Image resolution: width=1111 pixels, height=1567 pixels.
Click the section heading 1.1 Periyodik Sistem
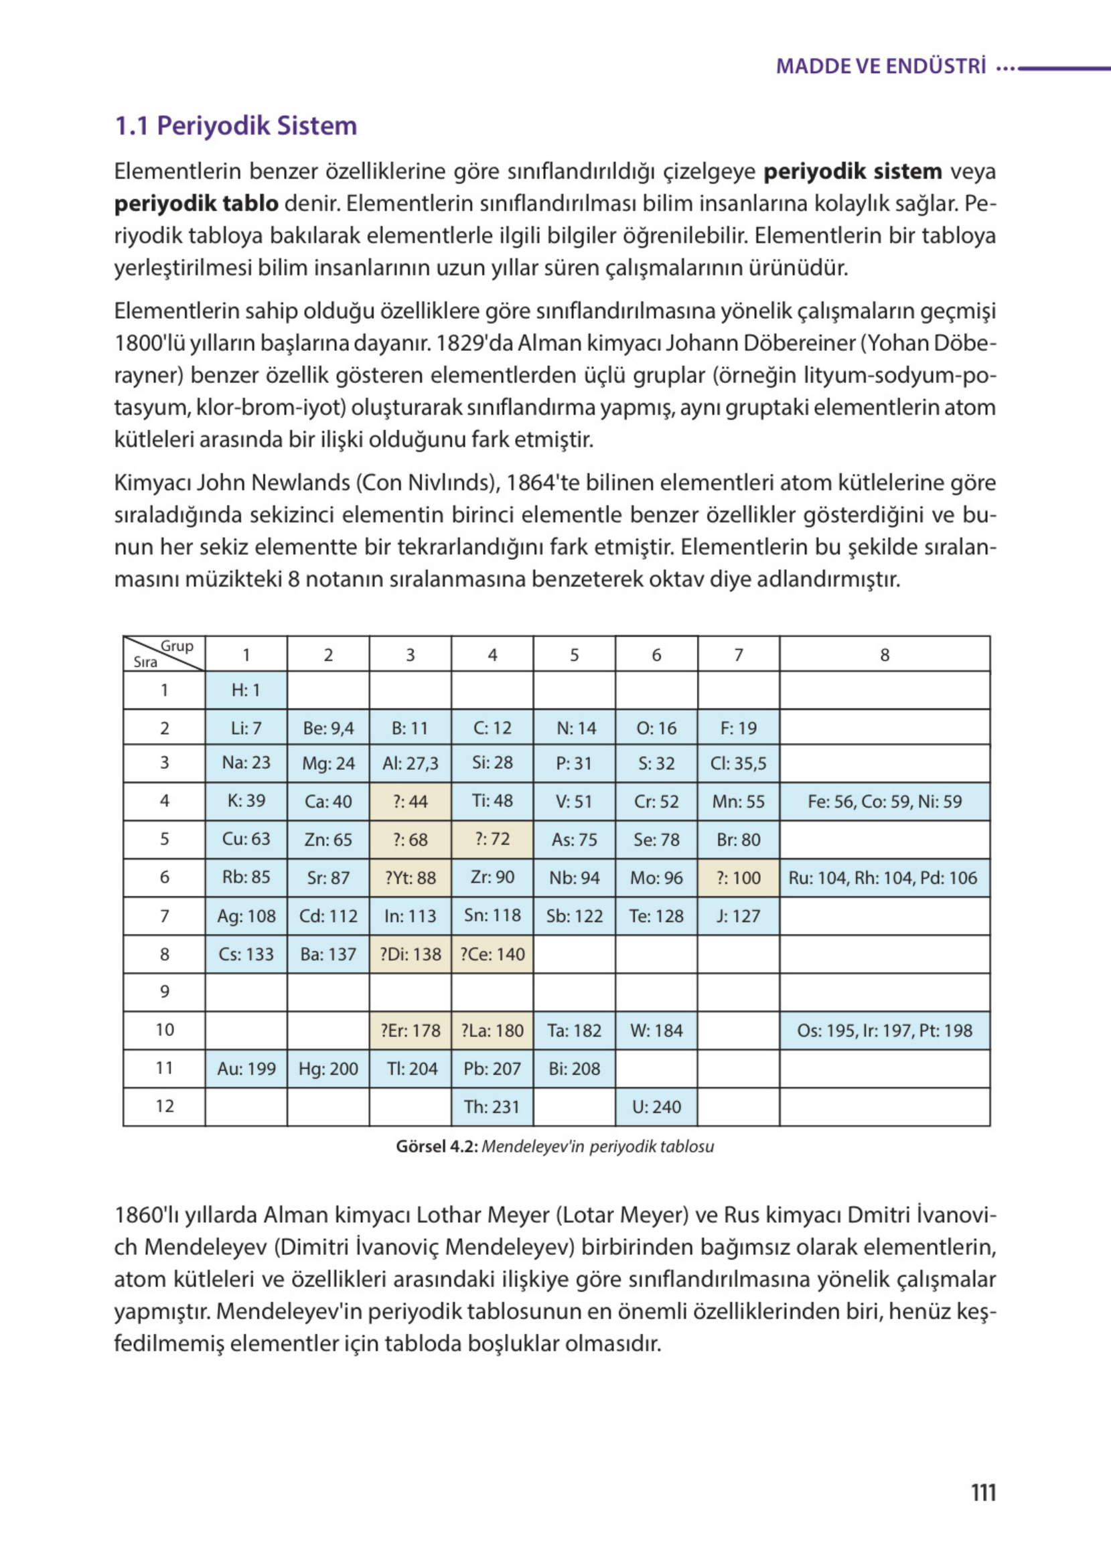pos(235,126)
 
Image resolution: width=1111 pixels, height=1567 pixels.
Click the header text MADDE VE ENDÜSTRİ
pos(881,66)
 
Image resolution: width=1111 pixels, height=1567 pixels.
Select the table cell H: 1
pos(246,690)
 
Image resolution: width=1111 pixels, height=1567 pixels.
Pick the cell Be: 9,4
pos(327,728)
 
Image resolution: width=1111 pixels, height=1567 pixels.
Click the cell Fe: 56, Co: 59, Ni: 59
pos(884,802)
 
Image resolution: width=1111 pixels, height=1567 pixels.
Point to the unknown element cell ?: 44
pos(410,802)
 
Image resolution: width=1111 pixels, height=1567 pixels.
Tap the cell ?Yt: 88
pos(410,877)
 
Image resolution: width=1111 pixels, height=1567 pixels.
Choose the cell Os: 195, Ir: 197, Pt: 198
pos(884,1030)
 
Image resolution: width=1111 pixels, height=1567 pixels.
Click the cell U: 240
pos(656,1106)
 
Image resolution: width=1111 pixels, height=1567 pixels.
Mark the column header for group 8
pos(884,654)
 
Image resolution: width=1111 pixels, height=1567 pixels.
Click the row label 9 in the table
pos(164,992)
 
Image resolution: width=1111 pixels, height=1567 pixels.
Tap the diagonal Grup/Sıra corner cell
pos(164,654)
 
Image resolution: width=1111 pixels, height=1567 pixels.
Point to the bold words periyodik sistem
pos(852,171)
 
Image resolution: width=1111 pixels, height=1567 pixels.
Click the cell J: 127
pos(737,916)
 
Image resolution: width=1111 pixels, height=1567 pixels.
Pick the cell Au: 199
pos(246,1068)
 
